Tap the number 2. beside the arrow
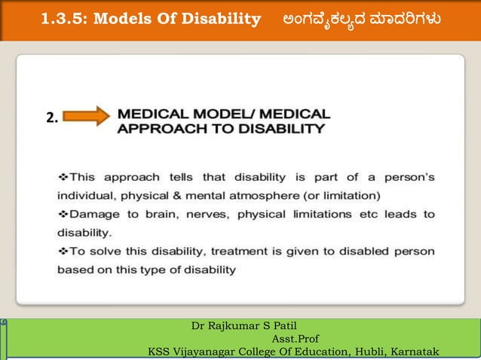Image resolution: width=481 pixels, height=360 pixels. [x=52, y=117]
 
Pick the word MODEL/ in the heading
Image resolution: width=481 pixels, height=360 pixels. [x=201, y=114]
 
